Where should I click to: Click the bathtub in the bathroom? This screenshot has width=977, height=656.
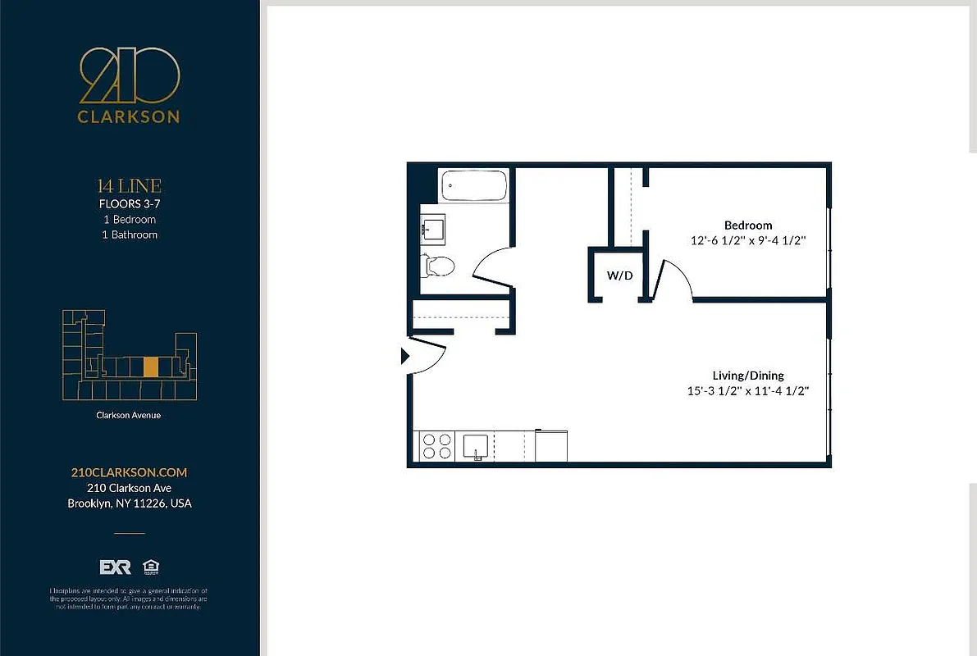tap(474, 186)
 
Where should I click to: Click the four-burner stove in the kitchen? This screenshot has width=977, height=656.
tap(436, 446)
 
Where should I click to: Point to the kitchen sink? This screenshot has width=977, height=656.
tap(477, 446)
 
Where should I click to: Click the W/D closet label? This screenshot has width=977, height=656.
tap(619, 276)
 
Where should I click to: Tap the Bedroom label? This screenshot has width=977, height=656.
tap(747, 225)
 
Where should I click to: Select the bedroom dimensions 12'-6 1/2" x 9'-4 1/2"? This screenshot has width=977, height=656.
tap(748, 241)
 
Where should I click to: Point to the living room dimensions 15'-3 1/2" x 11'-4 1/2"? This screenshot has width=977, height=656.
tap(748, 391)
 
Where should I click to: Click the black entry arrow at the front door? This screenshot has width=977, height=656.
tap(404, 356)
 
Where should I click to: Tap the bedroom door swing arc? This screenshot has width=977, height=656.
tap(678, 278)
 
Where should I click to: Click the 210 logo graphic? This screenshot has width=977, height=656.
tap(130, 75)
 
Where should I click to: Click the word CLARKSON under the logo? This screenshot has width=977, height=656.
tap(129, 117)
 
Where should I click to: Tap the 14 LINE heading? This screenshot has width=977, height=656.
tap(129, 186)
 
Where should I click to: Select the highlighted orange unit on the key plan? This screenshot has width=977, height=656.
tap(150, 367)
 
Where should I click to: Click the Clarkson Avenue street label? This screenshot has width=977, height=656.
tap(129, 415)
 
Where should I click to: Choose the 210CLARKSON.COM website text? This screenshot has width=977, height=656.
tap(129, 472)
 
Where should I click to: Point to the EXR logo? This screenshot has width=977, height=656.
tap(116, 567)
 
